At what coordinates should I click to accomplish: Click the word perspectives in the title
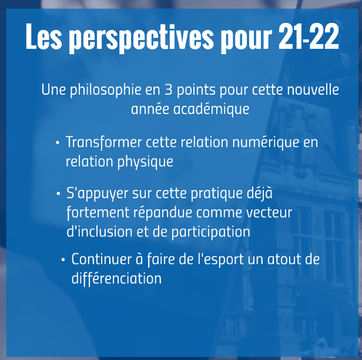[x=141, y=38]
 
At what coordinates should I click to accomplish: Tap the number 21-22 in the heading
[x=309, y=36]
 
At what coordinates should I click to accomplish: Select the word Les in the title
[x=44, y=36]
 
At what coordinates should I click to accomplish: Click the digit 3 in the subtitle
[x=168, y=89]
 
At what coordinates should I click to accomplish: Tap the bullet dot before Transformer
[x=58, y=143]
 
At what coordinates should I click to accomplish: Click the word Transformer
[x=103, y=142]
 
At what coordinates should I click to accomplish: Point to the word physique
[x=145, y=162]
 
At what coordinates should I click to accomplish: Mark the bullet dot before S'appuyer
[x=58, y=194]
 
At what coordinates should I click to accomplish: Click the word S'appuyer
[x=98, y=194]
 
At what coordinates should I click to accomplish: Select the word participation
[x=211, y=232]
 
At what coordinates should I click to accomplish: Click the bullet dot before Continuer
[x=63, y=260]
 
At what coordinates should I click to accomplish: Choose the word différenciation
[x=116, y=278]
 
